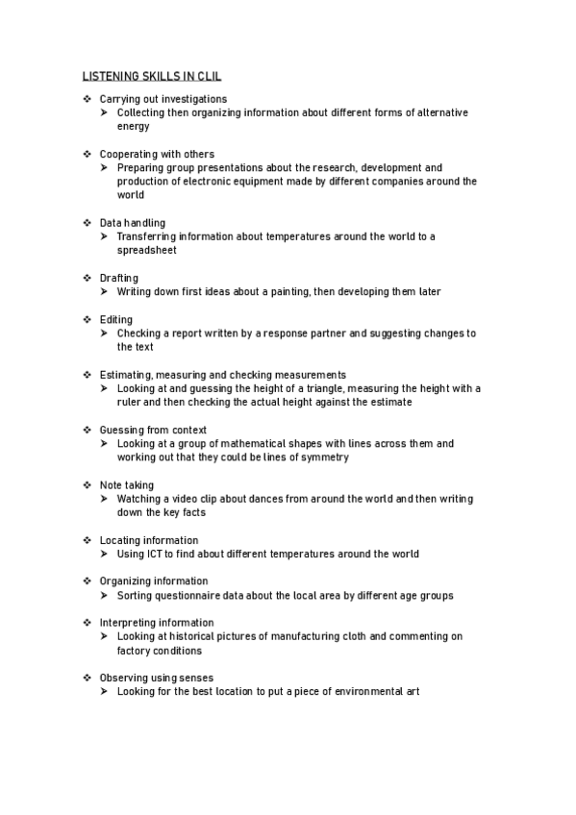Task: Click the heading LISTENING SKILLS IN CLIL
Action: (152, 76)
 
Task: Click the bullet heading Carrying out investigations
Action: (163, 99)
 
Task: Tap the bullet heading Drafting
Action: (119, 278)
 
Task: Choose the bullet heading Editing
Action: (116, 319)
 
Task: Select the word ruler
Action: (130, 402)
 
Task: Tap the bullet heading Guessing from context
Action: (153, 430)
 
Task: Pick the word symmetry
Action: (326, 457)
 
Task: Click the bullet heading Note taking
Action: (127, 485)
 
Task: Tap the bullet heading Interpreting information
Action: (157, 623)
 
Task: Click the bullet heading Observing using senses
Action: (157, 678)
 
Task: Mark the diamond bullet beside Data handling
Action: (87, 223)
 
